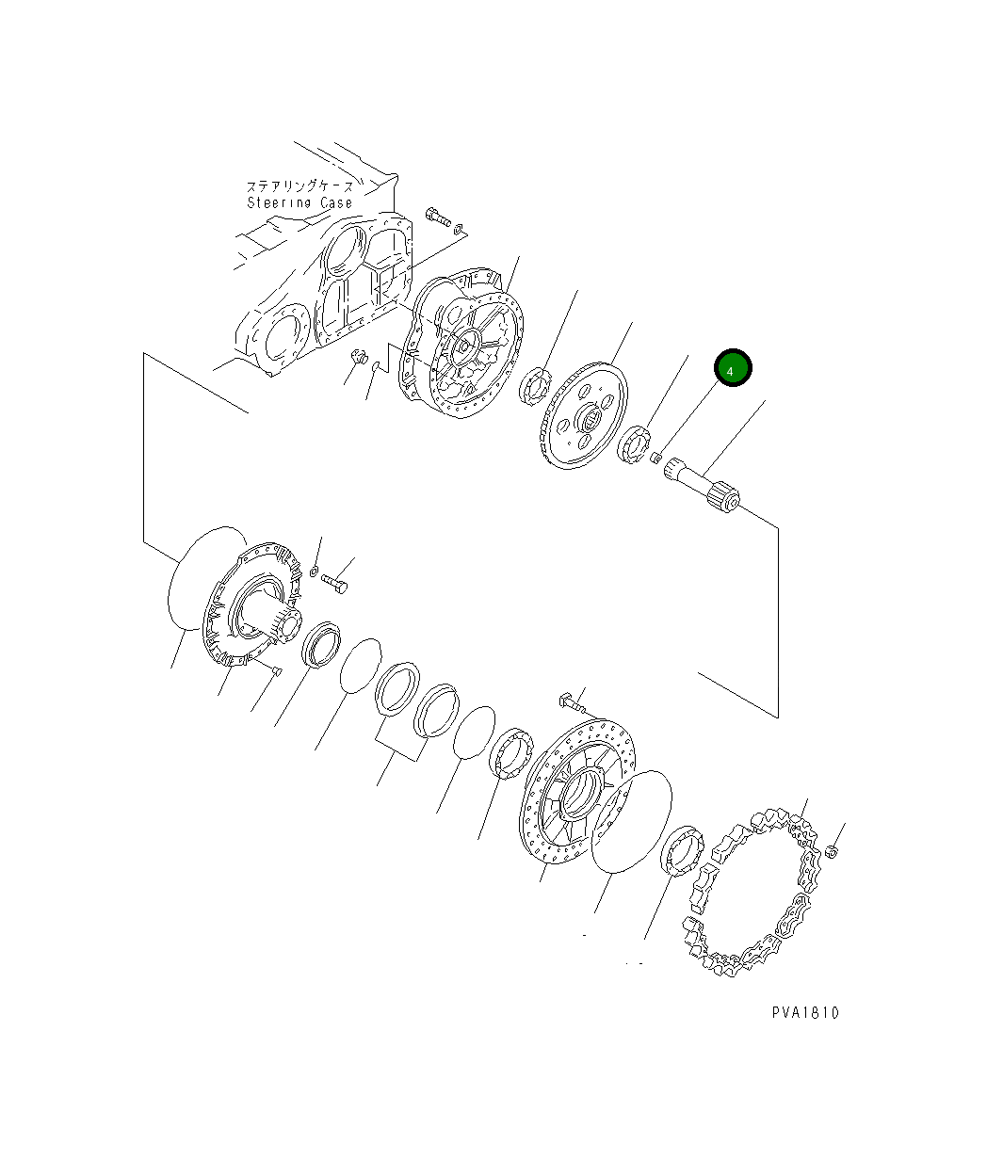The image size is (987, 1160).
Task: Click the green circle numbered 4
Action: point(732,367)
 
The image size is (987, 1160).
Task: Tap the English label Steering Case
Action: point(299,202)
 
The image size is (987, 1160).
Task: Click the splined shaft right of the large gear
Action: point(702,485)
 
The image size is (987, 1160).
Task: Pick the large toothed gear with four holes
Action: point(579,415)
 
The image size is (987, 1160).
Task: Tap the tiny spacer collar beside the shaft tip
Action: point(655,458)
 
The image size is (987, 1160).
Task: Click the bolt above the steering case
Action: point(438,217)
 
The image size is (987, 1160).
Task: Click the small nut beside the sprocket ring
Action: point(833,852)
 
